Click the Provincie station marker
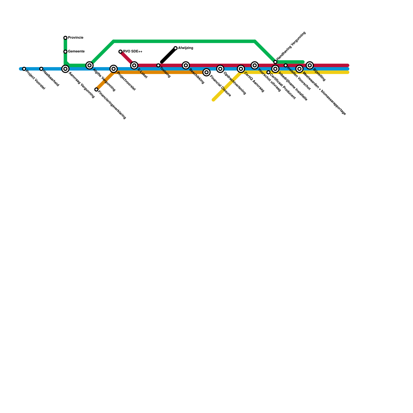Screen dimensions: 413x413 point(65,38)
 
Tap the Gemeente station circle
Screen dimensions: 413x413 point(65,52)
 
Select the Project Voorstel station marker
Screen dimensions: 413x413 point(24,69)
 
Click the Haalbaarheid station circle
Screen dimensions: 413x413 point(41,69)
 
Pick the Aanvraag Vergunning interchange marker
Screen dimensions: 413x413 point(65,69)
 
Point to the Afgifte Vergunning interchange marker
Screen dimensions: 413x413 point(89,65)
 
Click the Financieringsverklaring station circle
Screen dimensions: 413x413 point(96,90)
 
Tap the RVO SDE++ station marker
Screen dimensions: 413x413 point(120,52)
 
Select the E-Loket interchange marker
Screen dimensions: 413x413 point(134,65)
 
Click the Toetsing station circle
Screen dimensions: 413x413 point(158,65)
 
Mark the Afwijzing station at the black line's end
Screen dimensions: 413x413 point(176,48)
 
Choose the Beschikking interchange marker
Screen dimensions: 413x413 point(186,65)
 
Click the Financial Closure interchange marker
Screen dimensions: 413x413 point(206,72)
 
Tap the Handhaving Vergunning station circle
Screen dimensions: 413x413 point(275,62)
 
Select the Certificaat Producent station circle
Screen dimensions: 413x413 point(268,72)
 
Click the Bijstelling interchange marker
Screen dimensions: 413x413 point(310,65)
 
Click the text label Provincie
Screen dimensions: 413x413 point(76,38)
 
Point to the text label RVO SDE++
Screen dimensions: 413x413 point(133,52)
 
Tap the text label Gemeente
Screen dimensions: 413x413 point(76,52)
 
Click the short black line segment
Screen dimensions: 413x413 point(168,55)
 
